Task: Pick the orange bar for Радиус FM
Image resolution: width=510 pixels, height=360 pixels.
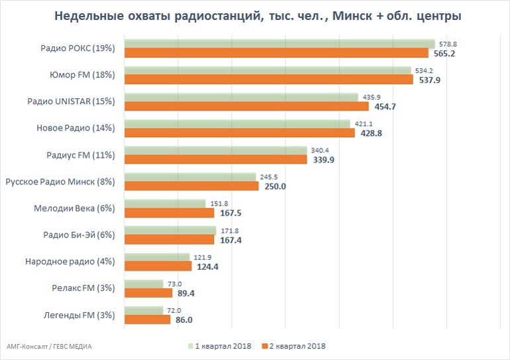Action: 216,160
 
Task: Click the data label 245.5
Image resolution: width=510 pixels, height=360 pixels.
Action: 267,177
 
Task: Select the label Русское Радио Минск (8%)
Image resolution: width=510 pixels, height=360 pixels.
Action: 60,181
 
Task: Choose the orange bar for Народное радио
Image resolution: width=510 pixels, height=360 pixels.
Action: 158,267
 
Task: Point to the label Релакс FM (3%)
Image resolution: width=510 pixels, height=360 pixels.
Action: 84,288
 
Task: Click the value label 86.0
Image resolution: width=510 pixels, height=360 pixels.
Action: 183,320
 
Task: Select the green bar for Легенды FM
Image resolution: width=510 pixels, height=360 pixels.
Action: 144,310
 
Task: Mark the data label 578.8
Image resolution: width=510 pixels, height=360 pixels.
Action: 447,44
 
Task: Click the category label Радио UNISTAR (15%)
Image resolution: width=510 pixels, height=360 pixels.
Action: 71,101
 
